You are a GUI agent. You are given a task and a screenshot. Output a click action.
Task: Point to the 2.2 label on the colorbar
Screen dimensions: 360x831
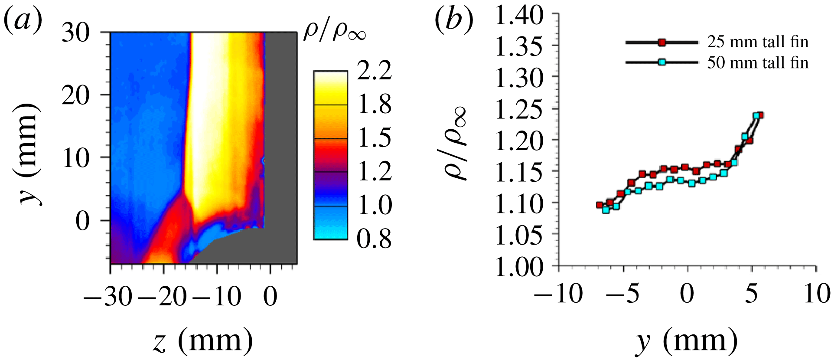[375, 71]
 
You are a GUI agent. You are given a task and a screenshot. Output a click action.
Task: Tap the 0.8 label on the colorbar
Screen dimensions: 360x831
[375, 239]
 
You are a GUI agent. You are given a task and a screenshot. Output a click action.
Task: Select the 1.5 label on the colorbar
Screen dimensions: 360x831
[375, 138]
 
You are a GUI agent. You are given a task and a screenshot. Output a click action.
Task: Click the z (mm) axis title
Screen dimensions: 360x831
[203, 341]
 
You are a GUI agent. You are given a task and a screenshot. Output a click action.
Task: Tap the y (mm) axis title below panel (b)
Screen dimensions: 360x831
[687, 341]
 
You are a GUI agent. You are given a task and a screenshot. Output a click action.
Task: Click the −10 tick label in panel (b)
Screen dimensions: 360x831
[559, 294]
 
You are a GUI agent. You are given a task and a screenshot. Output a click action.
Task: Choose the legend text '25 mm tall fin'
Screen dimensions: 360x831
[758, 42]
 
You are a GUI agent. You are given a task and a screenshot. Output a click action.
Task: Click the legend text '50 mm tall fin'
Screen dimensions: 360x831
[758, 63]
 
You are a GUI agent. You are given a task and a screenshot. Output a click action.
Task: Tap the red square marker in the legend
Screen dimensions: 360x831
[662, 43]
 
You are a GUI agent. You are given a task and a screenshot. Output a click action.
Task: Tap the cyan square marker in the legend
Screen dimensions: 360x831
[662, 62]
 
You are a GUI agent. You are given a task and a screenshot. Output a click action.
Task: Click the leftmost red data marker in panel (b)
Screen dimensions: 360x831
[600, 205]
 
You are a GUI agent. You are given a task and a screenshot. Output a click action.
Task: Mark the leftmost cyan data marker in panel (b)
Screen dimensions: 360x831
[606, 210]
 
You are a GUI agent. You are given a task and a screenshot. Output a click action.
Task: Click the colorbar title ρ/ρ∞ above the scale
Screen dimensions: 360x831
[335, 31]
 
